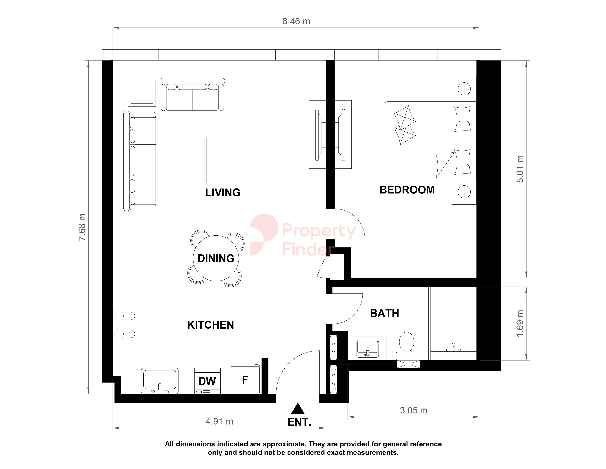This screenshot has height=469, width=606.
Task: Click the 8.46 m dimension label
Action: (x=296, y=21)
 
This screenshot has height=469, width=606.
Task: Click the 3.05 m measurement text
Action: (x=413, y=410)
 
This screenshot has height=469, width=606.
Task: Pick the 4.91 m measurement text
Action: (x=219, y=422)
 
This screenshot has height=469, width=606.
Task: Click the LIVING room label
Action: (x=223, y=193)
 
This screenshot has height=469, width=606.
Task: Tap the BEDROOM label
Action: (x=407, y=190)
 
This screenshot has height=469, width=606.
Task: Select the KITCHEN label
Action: (x=211, y=325)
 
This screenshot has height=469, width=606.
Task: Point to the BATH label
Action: (x=385, y=313)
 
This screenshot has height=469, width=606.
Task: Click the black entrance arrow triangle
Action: (x=298, y=408)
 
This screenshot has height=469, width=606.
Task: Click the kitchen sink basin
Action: (x=160, y=381)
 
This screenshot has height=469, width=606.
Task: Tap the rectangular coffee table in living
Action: (x=193, y=161)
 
